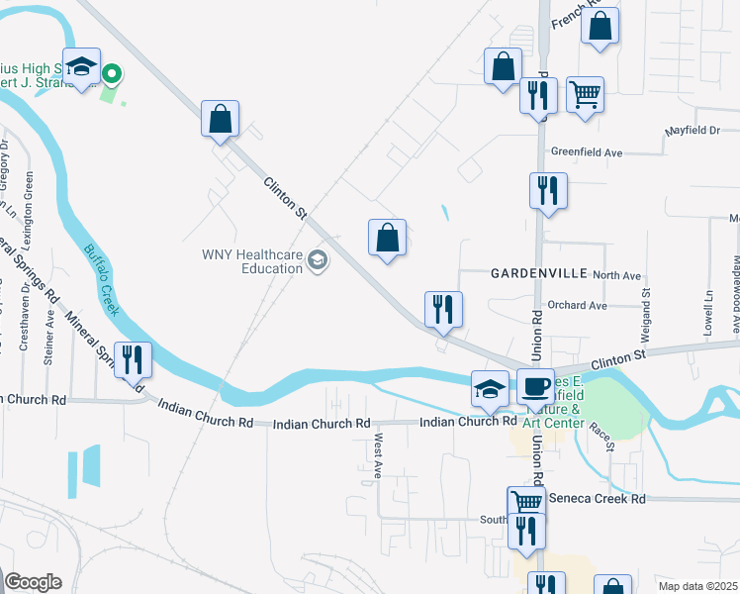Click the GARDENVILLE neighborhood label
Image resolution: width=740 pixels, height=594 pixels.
point(538,272)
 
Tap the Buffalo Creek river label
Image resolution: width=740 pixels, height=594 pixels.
point(102,279)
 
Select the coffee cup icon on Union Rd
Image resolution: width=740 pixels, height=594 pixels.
point(535,386)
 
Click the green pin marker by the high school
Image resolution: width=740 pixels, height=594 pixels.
point(113,73)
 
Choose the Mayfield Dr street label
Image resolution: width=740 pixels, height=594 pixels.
point(692,131)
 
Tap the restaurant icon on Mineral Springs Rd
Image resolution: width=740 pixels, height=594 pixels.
point(133,359)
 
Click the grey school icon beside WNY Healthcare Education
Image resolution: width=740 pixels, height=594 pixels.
point(318,261)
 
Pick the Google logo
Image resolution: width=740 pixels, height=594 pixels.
point(33,582)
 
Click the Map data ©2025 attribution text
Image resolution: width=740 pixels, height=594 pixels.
point(697,586)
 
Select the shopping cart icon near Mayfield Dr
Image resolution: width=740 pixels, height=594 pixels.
point(586,95)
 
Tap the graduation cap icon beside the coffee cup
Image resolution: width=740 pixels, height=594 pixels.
point(490,388)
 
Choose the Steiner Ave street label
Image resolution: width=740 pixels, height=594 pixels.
point(49,339)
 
